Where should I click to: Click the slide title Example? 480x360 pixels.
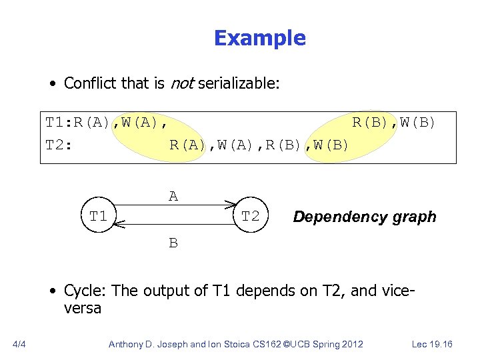259,39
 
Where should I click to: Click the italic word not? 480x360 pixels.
182,83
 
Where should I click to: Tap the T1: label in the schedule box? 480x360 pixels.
59,123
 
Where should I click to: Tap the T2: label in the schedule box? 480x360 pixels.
59,145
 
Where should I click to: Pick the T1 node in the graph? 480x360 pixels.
99,216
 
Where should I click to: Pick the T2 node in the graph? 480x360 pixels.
250,216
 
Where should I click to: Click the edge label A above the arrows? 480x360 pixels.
173,196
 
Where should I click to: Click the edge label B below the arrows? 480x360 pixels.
173,243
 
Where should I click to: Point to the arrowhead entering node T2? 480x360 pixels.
230,204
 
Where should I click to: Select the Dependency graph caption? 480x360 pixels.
365,217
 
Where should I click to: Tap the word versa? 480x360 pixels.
83,308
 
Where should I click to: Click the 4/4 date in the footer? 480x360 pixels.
19,344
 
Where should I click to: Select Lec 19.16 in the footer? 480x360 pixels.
432,344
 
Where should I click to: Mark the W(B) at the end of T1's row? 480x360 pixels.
418,123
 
